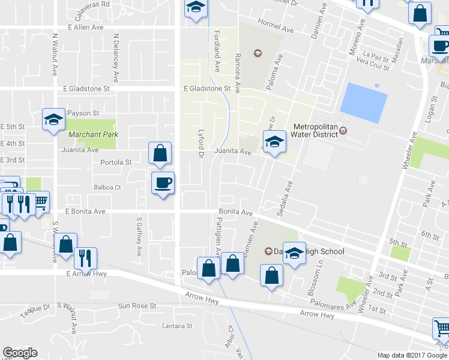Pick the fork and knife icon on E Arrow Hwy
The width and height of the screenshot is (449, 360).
tap(85, 257)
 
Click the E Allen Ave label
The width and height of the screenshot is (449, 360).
tap(86, 28)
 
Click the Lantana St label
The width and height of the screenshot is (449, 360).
tap(176, 326)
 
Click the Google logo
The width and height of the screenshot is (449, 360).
tap(20, 353)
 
